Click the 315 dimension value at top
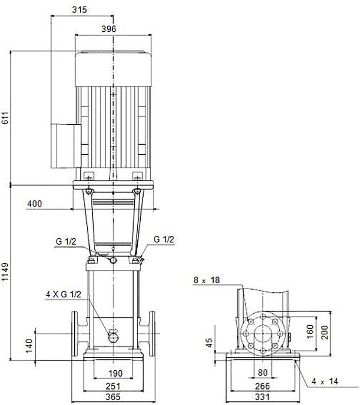pyautogui.click(x=79, y=10)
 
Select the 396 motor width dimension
pyautogui.click(x=109, y=29)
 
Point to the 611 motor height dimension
pyautogui.click(x=6, y=118)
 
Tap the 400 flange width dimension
pyautogui.click(x=34, y=204)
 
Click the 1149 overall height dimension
pyautogui.click(x=6, y=274)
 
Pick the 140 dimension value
pyautogui.click(x=29, y=346)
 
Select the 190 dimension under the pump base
pyautogui.click(x=115, y=373)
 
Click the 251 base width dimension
pyautogui.click(x=113, y=386)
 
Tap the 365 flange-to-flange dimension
pyautogui.click(x=113, y=396)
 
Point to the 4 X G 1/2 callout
pyautogui.click(x=64, y=294)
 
